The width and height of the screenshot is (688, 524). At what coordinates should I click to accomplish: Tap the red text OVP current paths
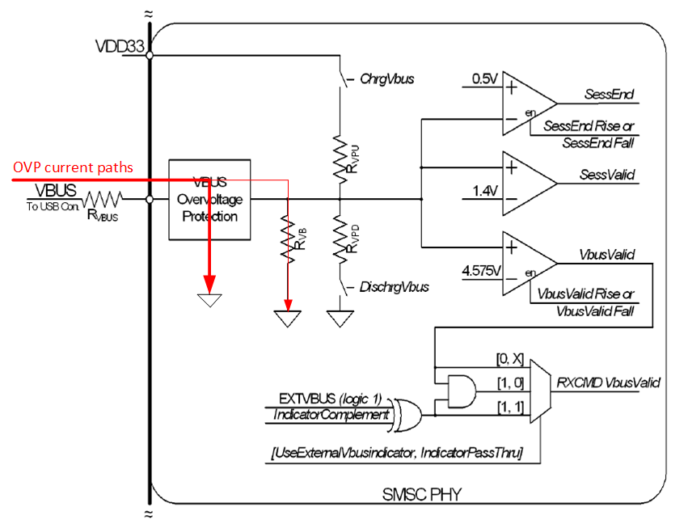[73, 168]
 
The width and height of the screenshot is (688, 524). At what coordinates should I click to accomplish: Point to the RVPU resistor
[340, 154]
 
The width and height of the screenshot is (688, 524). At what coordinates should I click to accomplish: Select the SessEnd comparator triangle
[525, 103]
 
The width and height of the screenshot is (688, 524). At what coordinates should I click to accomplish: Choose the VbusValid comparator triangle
[525, 262]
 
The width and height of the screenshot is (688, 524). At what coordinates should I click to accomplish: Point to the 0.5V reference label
[484, 78]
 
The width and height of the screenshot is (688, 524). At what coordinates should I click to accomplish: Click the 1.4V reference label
[484, 192]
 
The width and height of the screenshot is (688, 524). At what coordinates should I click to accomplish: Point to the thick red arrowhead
[209, 284]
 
